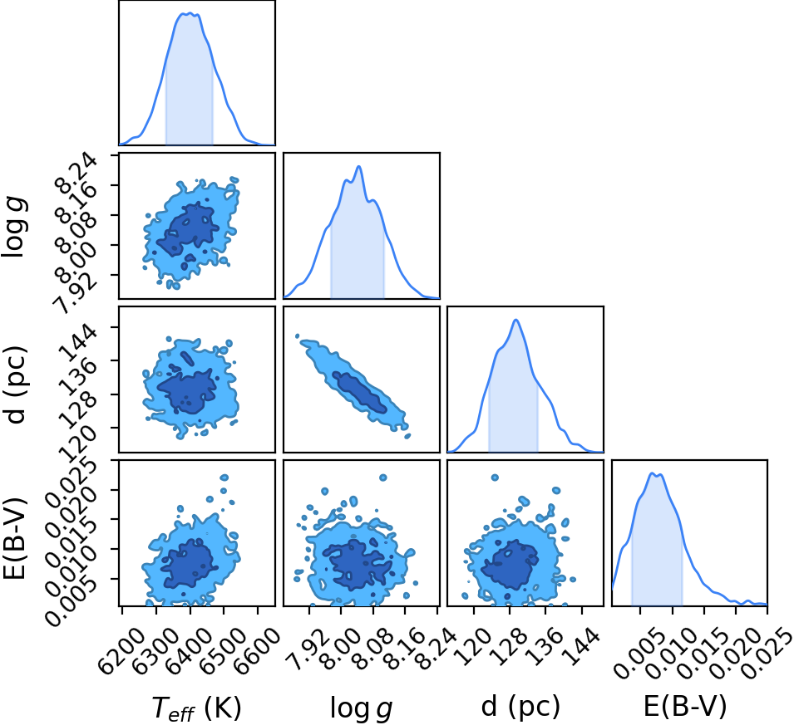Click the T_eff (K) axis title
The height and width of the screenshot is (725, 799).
(x=197, y=708)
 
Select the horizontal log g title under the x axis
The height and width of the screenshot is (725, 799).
(x=362, y=708)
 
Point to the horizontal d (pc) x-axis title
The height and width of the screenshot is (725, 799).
(x=520, y=706)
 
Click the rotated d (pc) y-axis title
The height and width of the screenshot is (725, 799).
(x=15, y=385)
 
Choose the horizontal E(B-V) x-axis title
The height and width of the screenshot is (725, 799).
(x=685, y=706)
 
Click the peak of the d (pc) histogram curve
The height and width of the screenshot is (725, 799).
(x=516, y=320)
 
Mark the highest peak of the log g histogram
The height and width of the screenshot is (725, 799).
(x=358, y=166)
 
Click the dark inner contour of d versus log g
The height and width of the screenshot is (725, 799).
(x=359, y=392)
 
